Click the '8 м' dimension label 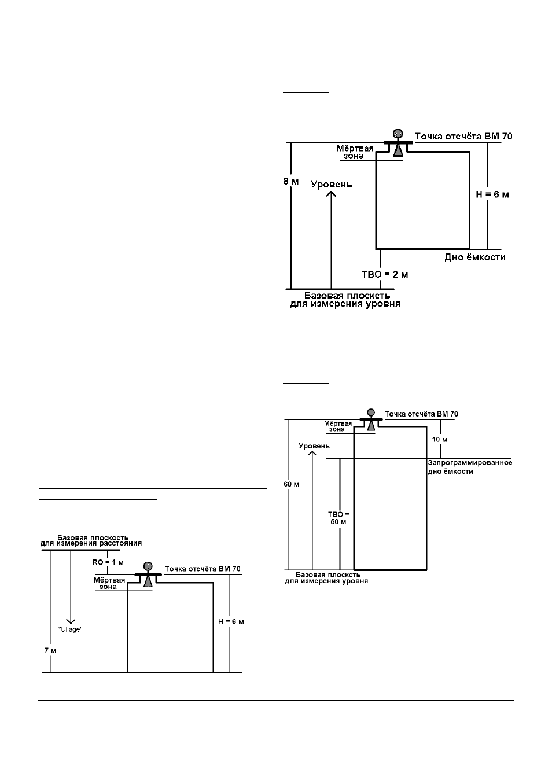[291, 182]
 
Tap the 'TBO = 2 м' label [385, 274]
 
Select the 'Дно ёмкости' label [474, 257]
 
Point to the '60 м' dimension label [292, 484]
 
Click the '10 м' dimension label [440, 439]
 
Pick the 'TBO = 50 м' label [338, 518]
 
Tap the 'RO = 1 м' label [108, 562]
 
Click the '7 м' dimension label [50, 651]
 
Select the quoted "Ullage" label [70, 629]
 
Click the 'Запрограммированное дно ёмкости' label [470, 467]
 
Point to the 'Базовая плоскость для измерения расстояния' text [91, 540]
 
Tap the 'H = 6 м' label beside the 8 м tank [492, 194]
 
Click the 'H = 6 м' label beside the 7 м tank [231, 622]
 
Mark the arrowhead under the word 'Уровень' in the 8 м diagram [331, 193]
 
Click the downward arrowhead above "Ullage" [71, 621]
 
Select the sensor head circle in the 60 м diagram [371, 413]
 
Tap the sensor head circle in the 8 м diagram [398, 134]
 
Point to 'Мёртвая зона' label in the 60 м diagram [337, 426]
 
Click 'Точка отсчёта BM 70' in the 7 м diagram [203, 569]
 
